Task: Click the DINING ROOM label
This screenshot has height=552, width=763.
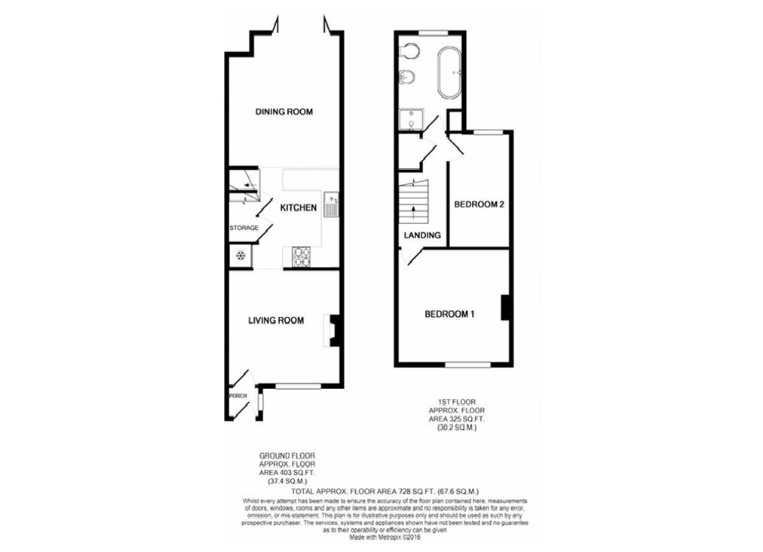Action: click(283, 112)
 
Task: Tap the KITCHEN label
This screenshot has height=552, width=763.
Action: click(299, 207)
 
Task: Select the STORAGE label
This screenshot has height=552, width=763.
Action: click(244, 228)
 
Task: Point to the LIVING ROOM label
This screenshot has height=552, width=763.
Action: click(276, 320)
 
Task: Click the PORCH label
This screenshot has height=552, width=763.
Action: click(237, 395)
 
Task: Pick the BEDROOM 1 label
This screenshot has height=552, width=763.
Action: click(449, 314)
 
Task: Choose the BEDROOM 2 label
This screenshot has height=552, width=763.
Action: click(478, 204)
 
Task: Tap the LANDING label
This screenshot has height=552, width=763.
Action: click(422, 235)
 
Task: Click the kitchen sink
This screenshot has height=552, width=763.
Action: click(332, 204)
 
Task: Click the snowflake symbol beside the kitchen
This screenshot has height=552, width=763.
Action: click(241, 256)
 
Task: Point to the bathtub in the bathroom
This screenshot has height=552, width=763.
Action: click(451, 73)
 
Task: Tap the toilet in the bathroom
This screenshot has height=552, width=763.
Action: click(409, 51)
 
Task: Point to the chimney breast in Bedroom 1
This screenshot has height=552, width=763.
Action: click(507, 308)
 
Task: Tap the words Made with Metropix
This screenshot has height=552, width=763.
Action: click(374, 538)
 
